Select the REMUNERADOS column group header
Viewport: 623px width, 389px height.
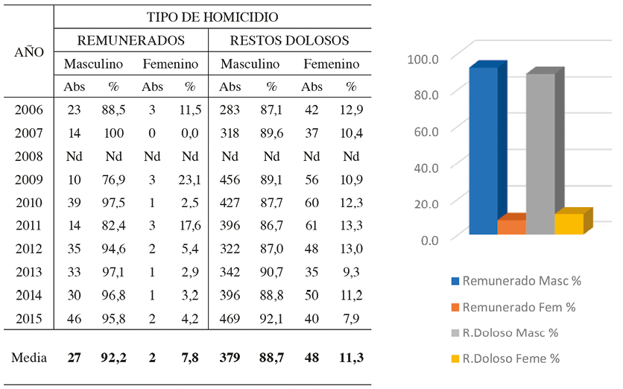pyautogui.click(x=131, y=40)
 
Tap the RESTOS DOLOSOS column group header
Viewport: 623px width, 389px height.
pyautogui.click(x=290, y=40)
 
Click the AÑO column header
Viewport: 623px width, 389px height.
pyautogui.click(x=29, y=52)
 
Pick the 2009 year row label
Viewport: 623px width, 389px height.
pyautogui.click(x=29, y=180)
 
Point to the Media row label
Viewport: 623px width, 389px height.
pyautogui.click(x=29, y=358)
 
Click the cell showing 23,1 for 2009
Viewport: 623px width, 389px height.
pyautogui.click(x=190, y=180)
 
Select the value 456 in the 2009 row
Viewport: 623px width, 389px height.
pyautogui.click(x=230, y=180)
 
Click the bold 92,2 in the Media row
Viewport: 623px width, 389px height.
pyautogui.click(x=114, y=358)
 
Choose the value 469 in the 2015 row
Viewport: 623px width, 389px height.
pyautogui.click(x=230, y=319)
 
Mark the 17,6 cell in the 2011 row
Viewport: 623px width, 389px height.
pyautogui.click(x=190, y=227)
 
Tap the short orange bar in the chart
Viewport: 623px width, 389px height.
pyautogui.click(x=511, y=226)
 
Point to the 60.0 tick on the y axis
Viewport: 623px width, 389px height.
pyautogui.click(x=423, y=130)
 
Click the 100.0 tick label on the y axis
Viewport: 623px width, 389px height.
pyautogui.click(x=421, y=57)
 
